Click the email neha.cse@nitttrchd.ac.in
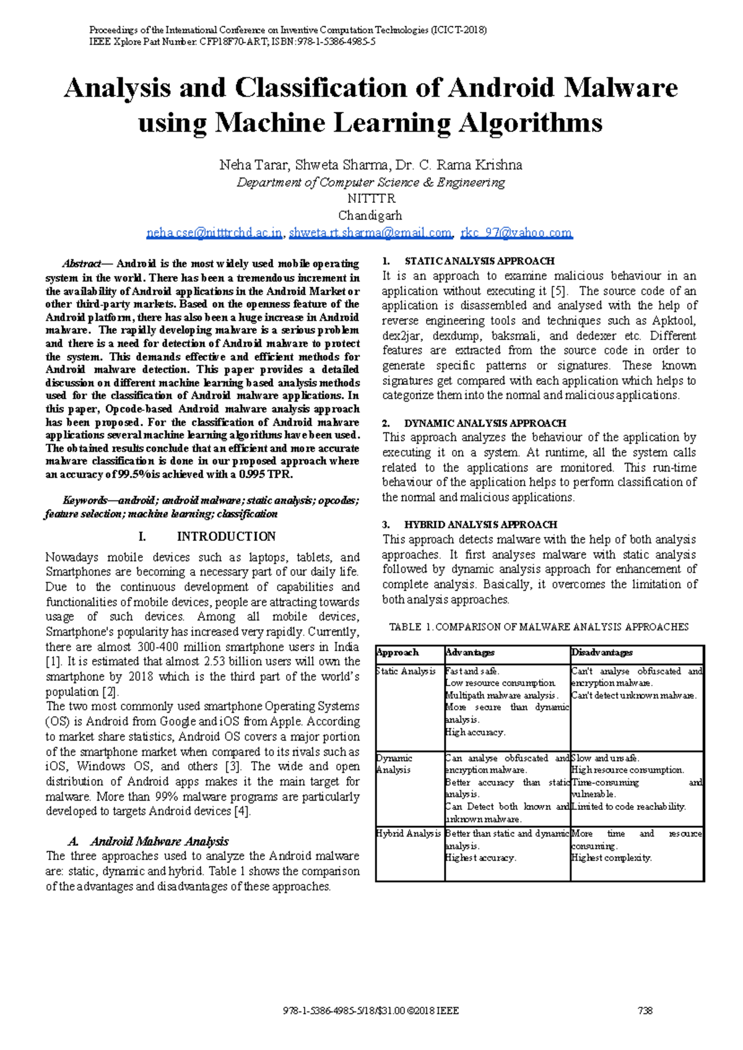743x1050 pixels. [214, 233]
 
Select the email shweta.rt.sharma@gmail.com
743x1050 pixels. [370, 233]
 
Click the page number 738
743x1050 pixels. [645, 1010]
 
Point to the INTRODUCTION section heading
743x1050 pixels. [226, 536]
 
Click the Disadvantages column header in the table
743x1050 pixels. [602, 652]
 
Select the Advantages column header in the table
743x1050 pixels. [470, 652]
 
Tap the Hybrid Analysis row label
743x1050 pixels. [409, 833]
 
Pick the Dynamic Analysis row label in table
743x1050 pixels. [394, 764]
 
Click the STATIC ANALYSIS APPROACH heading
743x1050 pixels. [479, 261]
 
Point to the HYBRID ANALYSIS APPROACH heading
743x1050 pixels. [480, 524]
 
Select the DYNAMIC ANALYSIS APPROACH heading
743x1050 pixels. [485, 423]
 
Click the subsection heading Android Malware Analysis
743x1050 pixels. [159, 841]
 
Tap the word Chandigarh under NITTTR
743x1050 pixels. [370, 215]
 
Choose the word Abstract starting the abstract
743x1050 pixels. [81, 264]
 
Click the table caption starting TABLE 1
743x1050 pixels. [539, 627]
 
